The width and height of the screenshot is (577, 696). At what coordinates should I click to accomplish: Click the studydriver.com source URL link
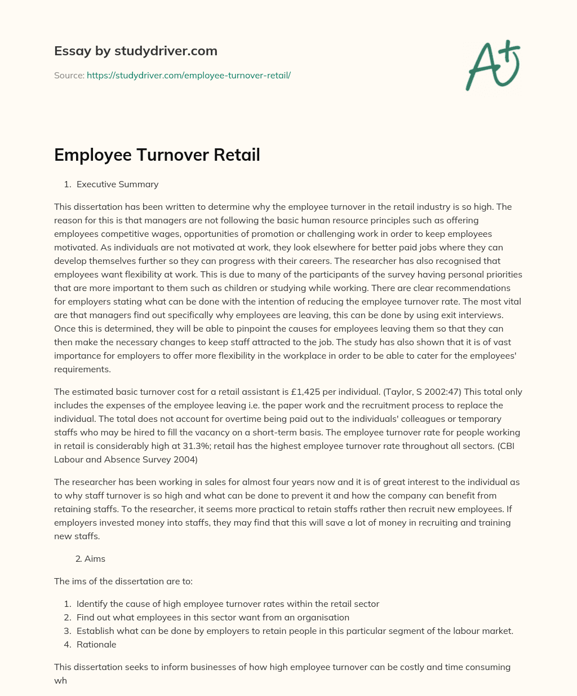click(188, 75)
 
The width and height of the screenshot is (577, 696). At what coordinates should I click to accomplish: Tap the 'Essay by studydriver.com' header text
click(136, 51)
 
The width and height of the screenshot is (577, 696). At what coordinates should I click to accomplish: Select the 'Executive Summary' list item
click(117, 184)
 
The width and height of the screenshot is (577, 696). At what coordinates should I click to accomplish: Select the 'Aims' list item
click(95, 559)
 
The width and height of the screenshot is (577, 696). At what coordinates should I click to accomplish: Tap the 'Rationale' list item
click(96, 645)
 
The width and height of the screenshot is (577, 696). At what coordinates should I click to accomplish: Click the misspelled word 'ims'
click(79, 582)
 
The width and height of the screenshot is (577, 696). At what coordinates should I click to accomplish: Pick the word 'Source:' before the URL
click(69, 75)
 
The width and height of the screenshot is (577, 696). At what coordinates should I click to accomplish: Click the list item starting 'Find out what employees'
click(213, 618)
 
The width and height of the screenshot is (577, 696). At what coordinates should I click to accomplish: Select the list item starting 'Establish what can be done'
click(295, 631)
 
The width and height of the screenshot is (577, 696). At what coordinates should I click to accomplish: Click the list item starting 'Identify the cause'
click(228, 604)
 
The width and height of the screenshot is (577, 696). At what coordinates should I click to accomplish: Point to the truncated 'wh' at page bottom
click(60, 681)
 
